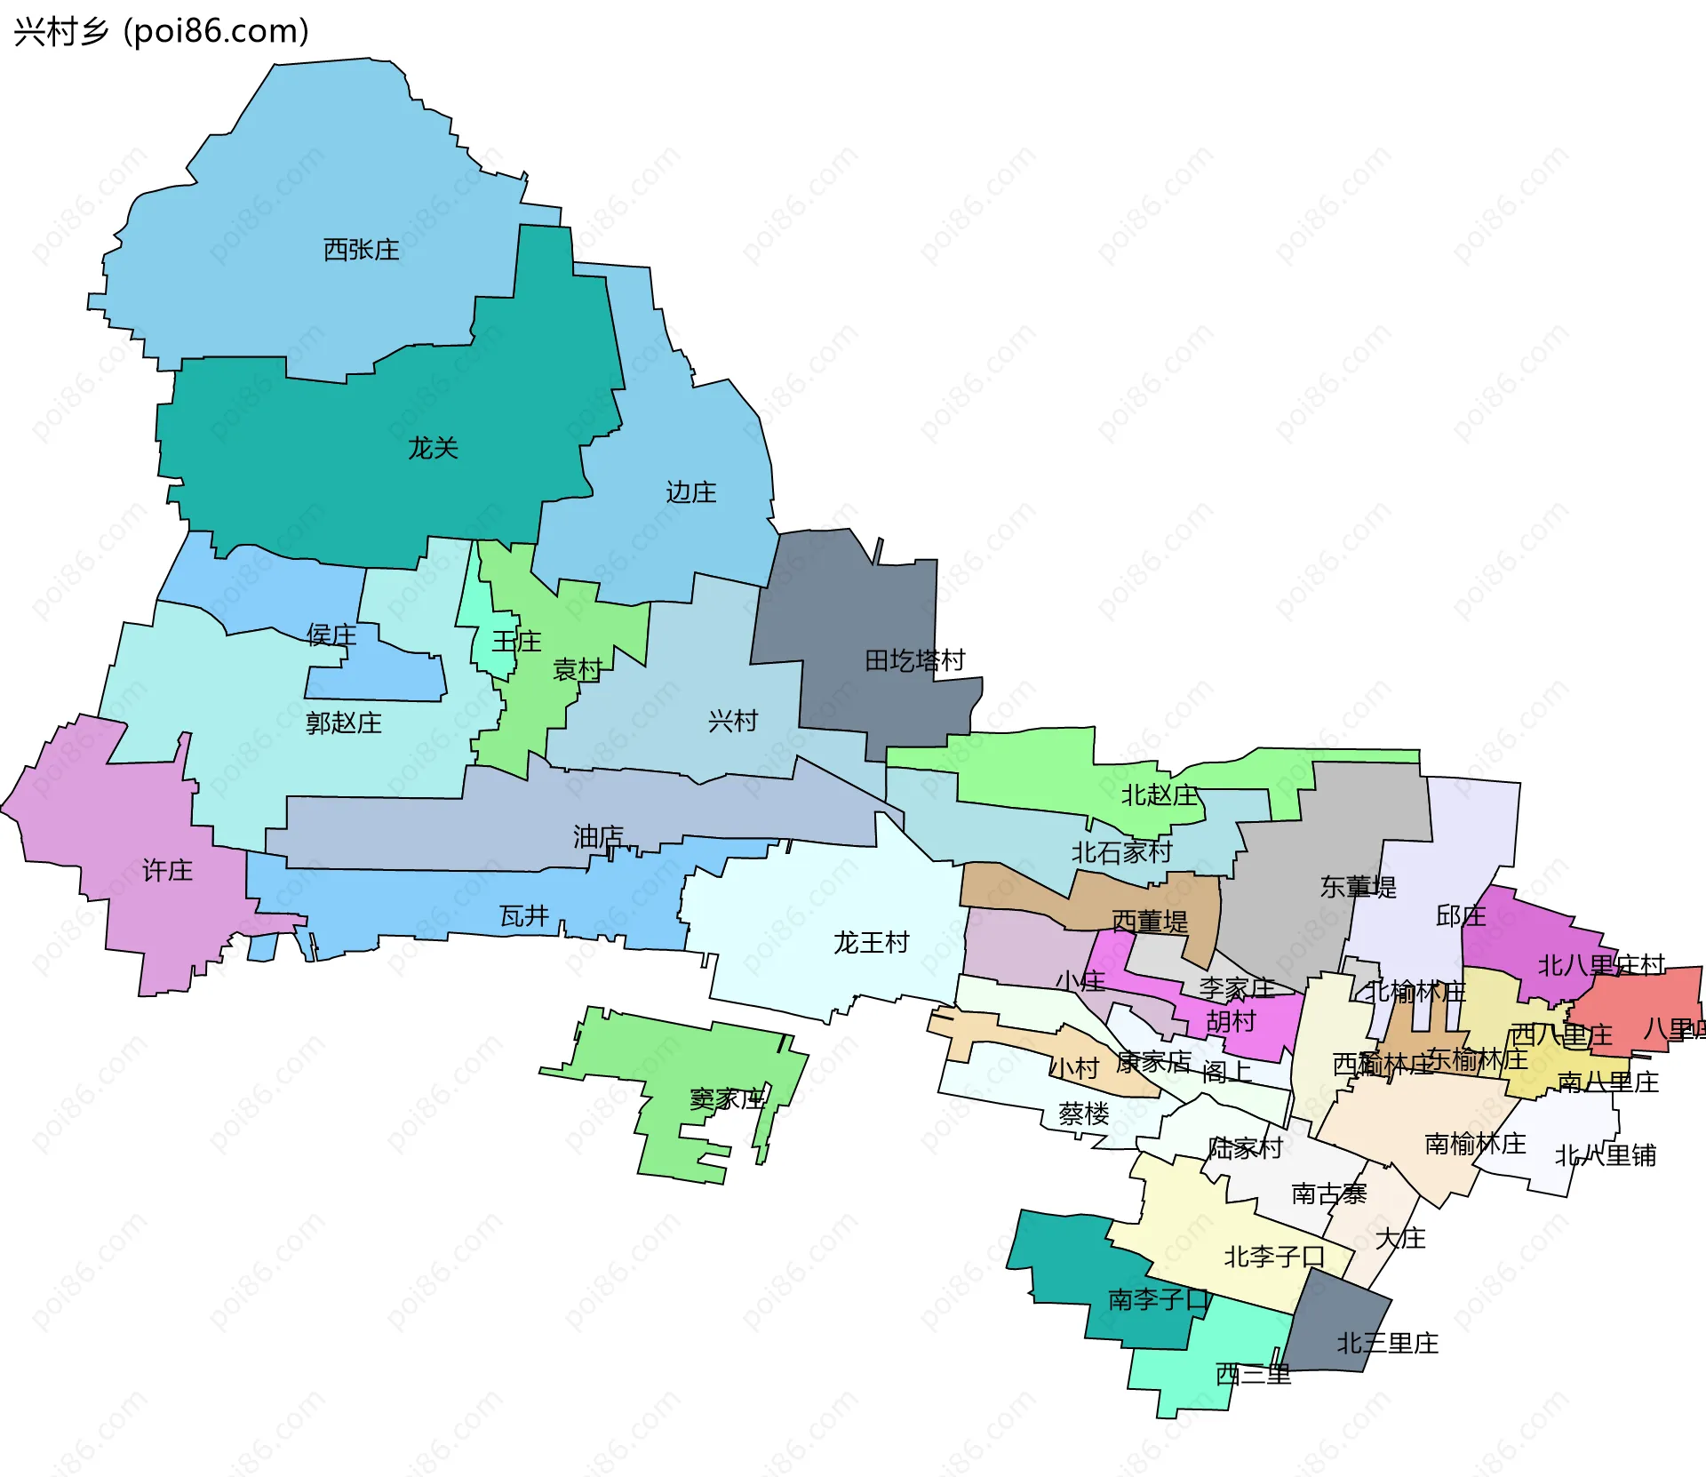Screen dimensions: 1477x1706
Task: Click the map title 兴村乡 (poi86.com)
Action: (x=161, y=31)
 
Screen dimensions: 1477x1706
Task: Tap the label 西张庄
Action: (x=361, y=250)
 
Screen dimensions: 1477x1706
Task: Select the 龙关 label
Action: (x=433, y=448)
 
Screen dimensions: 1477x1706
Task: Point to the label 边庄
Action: (x=690, y=492)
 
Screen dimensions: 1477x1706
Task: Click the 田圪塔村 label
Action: (x=914, y=660)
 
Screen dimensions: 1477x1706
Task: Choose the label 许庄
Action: (x=167, y=870)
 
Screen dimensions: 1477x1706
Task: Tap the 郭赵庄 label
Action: (x=343, y=723)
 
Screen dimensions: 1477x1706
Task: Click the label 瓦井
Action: (x=523, y=915)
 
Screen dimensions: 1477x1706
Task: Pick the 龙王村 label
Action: (x=871, y=942)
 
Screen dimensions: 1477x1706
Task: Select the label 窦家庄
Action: (x=727, y=1099)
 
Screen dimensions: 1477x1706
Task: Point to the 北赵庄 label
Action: (x=1159, y=794)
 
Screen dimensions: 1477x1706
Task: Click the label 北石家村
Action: (x=1121, y=852)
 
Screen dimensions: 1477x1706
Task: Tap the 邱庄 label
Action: (x=1460, y=915)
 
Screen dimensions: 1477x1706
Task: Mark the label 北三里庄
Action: (x=1387, y=1343)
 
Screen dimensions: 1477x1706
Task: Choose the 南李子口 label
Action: (x=1159, y=1299)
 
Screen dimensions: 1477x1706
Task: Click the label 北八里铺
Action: (x=1605, y=1155)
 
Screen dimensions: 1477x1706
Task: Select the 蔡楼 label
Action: (x=1083, y=1114)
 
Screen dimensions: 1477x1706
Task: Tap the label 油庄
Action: (x=597, y=836)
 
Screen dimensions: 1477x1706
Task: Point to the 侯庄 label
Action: (x=331, y=635)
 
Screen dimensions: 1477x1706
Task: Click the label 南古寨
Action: (x=1328, y=1194)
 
